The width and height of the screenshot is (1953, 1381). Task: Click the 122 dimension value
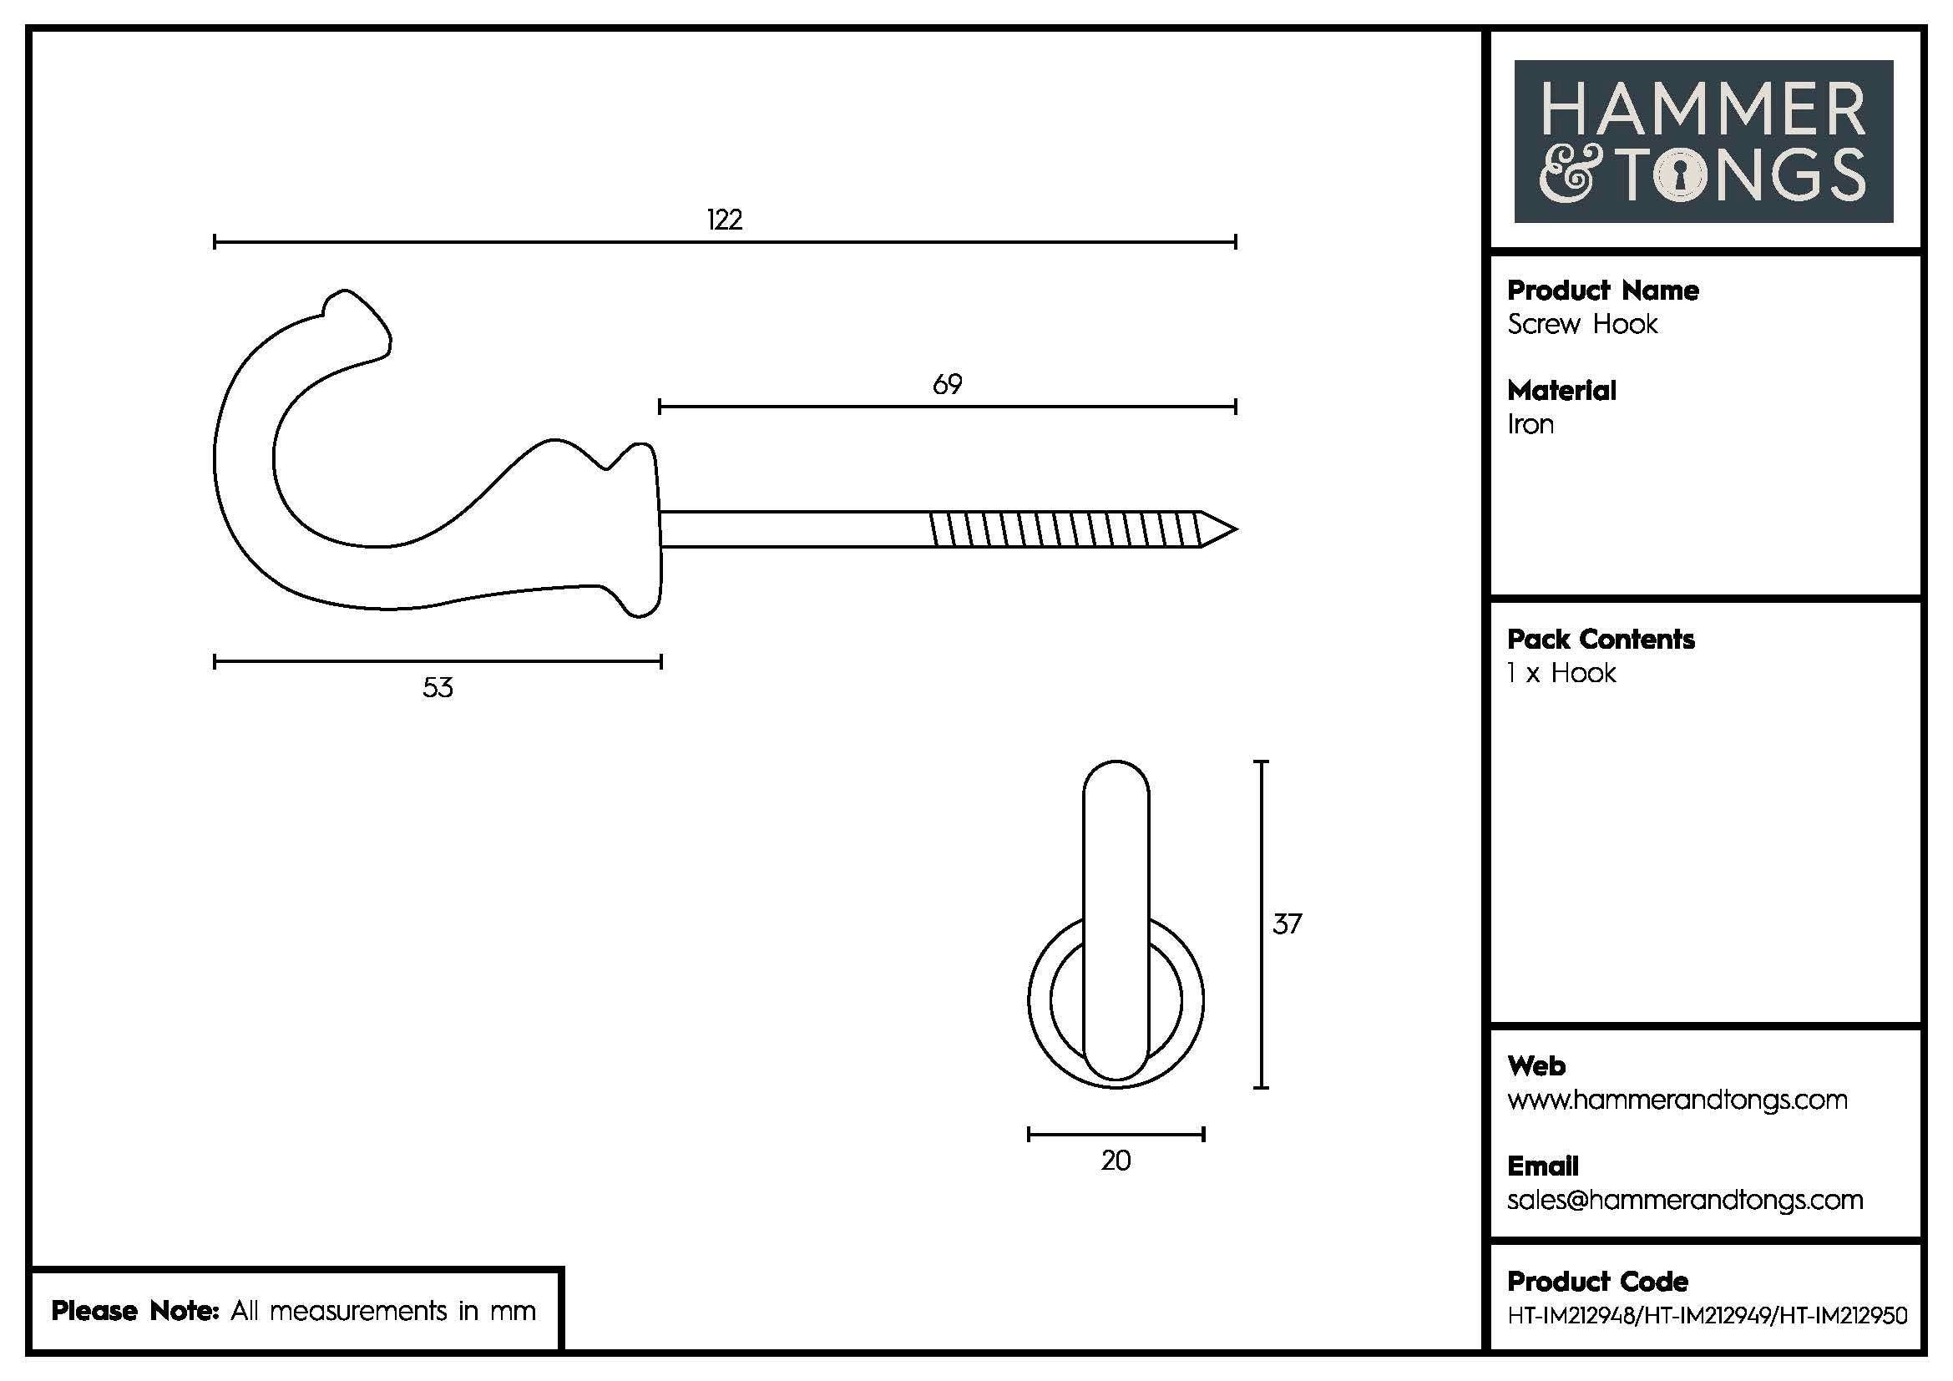coord(724,220)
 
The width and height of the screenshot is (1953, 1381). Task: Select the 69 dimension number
coord(947,385)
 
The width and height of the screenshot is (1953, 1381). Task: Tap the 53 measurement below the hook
coord(438,687)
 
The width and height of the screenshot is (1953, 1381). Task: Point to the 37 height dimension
coord(1286,924)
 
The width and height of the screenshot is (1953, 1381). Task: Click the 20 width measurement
coord(1116,1160)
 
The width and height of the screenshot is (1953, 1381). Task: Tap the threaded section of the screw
coord(1063,529)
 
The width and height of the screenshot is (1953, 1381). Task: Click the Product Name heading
coord(1602,291)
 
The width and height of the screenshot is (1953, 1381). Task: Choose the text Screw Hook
coord(1582,324)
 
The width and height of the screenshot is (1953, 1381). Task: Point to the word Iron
coord(1531,424)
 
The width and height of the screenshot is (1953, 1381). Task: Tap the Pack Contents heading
coord(1600,640)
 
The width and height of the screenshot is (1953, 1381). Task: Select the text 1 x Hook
coord(1561,674)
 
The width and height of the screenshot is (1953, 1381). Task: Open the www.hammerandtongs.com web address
coord(1677,1100)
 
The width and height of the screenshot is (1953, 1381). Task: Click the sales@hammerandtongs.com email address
coord(1684,1200)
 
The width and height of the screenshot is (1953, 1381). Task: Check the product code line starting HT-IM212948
coord(1708,1316)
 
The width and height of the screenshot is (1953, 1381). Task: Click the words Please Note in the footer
coord(136,1310)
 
